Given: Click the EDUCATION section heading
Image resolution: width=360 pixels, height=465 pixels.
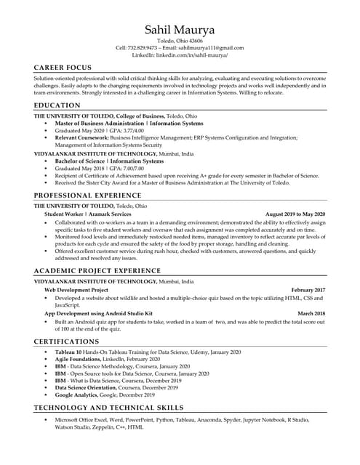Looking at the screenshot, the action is pos(57,106).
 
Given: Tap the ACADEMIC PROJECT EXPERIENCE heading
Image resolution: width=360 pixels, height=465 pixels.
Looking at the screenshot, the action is pos(97,271).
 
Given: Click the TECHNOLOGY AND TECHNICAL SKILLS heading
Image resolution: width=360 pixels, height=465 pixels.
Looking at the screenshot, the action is pos(108,408).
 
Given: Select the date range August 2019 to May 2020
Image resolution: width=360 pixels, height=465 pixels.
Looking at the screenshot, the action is pos(295,214).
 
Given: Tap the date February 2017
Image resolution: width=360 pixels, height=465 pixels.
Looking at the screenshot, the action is pos(308,289).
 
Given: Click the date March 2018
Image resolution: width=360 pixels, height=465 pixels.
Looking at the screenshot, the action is pos(311,313).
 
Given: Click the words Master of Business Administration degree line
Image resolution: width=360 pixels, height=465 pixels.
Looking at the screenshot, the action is pos(100,124).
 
